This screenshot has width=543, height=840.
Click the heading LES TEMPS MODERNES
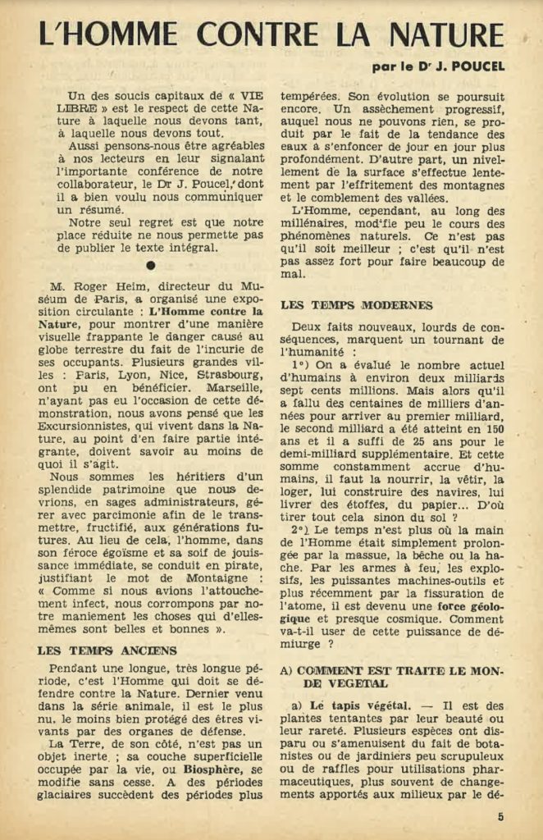(x=357, y=306)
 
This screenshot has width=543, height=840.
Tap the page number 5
(x=500, y=817)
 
